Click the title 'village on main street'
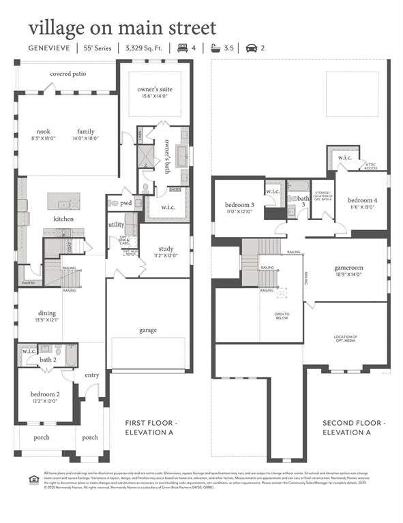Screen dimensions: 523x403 point(122,28)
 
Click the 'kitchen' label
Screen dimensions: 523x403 point(63,219)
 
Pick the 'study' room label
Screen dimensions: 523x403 point(166,248)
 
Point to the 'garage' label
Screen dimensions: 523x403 point(148,330)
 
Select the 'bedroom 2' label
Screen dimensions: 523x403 point(44,394)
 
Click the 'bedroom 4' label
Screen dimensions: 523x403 point(361,200)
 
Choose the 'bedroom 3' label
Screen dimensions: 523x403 point(239,204)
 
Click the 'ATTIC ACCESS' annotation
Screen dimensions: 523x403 point(371,165)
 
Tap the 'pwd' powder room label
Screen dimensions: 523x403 point(126,203)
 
